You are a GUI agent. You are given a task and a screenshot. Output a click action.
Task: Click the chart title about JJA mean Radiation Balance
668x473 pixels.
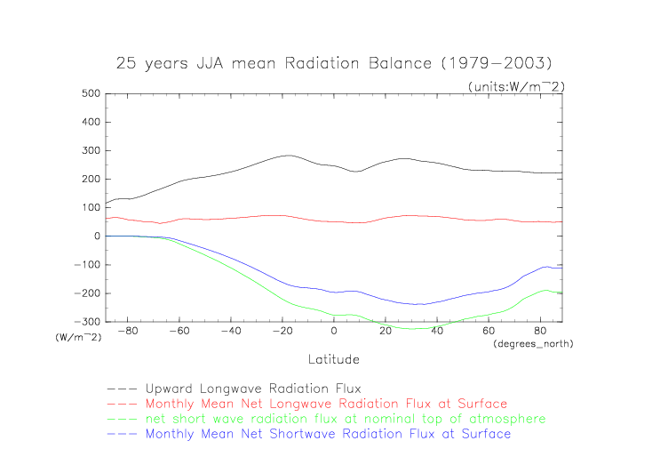click(x=333, y=64)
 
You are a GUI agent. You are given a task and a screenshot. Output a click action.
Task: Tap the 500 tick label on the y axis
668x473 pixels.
click(x=89, y=93)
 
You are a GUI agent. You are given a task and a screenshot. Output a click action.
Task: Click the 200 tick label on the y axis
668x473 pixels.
click(x=89, y=180)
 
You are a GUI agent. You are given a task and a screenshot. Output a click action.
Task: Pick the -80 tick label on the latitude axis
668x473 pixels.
click(x=128, y=332)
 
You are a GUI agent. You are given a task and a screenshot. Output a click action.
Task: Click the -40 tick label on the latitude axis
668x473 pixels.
click(x=230, y=332)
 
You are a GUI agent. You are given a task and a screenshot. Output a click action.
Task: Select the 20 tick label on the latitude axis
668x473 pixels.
click(x=386, y=332)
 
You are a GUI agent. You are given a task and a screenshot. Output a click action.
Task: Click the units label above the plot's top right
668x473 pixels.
click(x=516, y=85)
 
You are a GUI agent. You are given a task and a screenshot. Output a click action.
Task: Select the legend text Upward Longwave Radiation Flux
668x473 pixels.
click(x=248, y=389)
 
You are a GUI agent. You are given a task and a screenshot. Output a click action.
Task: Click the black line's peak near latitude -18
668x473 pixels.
click(x=288, y=156)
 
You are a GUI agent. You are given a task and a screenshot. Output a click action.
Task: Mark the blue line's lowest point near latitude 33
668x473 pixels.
click(x=418, y=304)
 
